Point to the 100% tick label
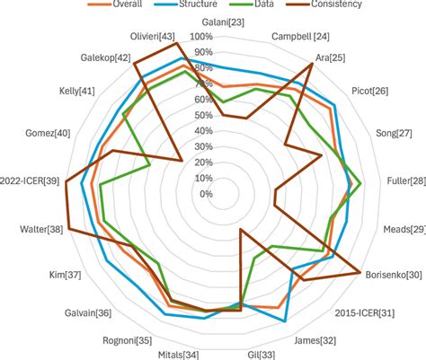[200, 37]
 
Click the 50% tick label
[202, 116]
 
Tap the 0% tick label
[206, 194]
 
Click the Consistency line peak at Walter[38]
[67, 229]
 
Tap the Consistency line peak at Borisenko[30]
[361, 271]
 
